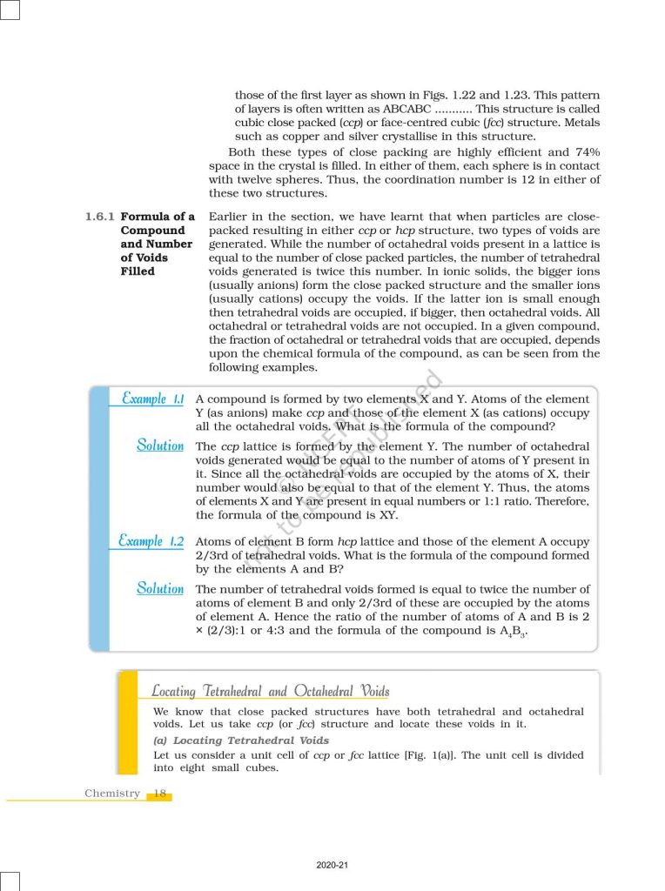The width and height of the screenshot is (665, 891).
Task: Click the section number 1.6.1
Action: tap(99, 217)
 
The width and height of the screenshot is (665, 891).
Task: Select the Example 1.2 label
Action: tap(151, 541)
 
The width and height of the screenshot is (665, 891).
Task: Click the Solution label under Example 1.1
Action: tap(160, 445)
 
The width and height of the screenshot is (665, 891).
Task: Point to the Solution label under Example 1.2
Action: tap(160, 588)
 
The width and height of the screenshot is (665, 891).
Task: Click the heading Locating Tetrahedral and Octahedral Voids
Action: tap(271, 692)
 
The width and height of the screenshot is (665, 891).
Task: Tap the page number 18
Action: tap(160, 794)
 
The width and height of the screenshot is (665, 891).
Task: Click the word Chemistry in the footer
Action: tap(112, 794)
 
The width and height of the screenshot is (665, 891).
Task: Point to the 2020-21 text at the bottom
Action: tap(333, 865)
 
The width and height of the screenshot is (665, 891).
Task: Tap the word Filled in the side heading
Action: tap(138, 271)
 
